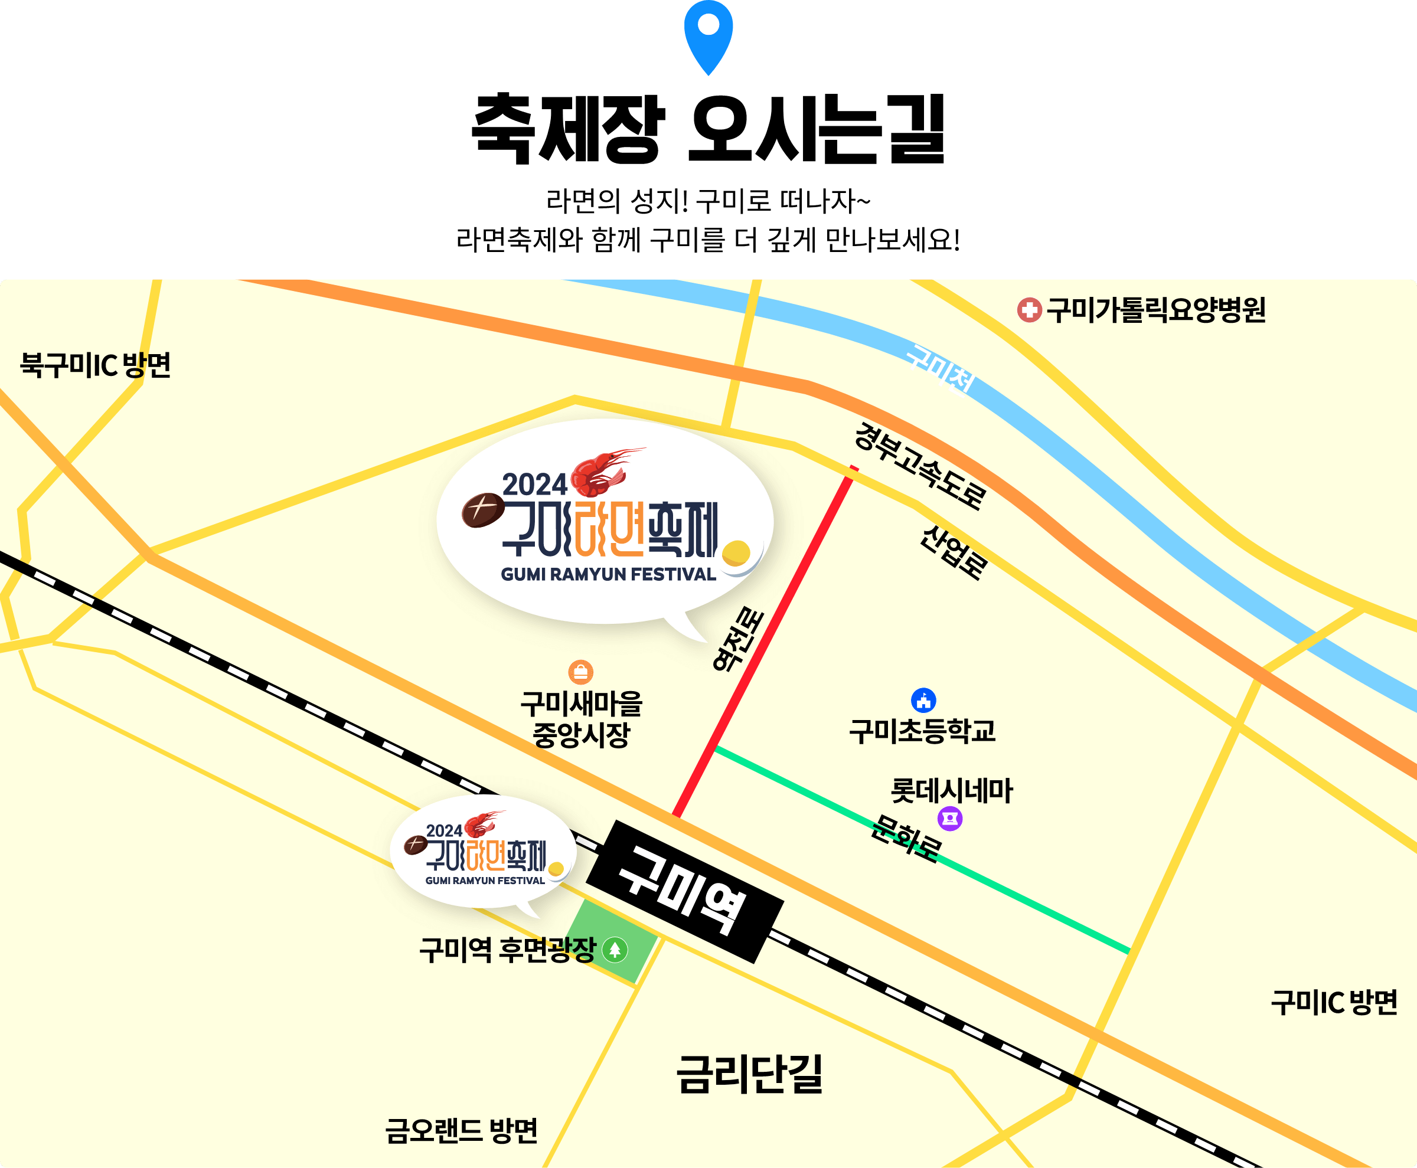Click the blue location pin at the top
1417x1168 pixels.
(x=708, y=34)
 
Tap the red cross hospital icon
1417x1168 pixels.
(x=1029, y=310)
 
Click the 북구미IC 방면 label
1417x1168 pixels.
(x=96, y=365)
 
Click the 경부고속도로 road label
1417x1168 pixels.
(x=919, y=466)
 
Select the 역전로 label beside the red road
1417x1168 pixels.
(x=739, y=639)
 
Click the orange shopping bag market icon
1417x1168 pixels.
(x=580, y=672)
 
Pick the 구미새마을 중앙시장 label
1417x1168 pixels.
(x=581, y=718)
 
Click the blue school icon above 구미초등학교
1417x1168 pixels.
(x=923, y=701)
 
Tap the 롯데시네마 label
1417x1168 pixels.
(x=951, y=790)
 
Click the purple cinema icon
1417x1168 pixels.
(x=950, y=819)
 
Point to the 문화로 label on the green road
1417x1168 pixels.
(x=906, y=837)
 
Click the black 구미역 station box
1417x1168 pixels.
(x=685, y=891)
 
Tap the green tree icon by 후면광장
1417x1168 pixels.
(x=615, y=950)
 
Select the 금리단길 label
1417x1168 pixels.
(x=749, y=1074)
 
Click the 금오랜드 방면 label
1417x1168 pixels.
(x=461, y=1131)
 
